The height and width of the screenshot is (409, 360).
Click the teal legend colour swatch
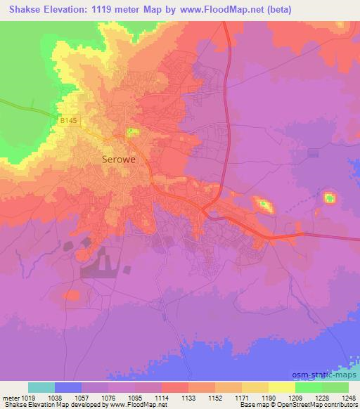click(41, 387)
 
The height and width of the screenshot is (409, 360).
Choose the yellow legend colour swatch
click(281, 387)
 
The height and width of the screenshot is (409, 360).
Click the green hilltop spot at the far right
click(329, 198)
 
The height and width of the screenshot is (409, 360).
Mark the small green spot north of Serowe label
click(131, 131)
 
